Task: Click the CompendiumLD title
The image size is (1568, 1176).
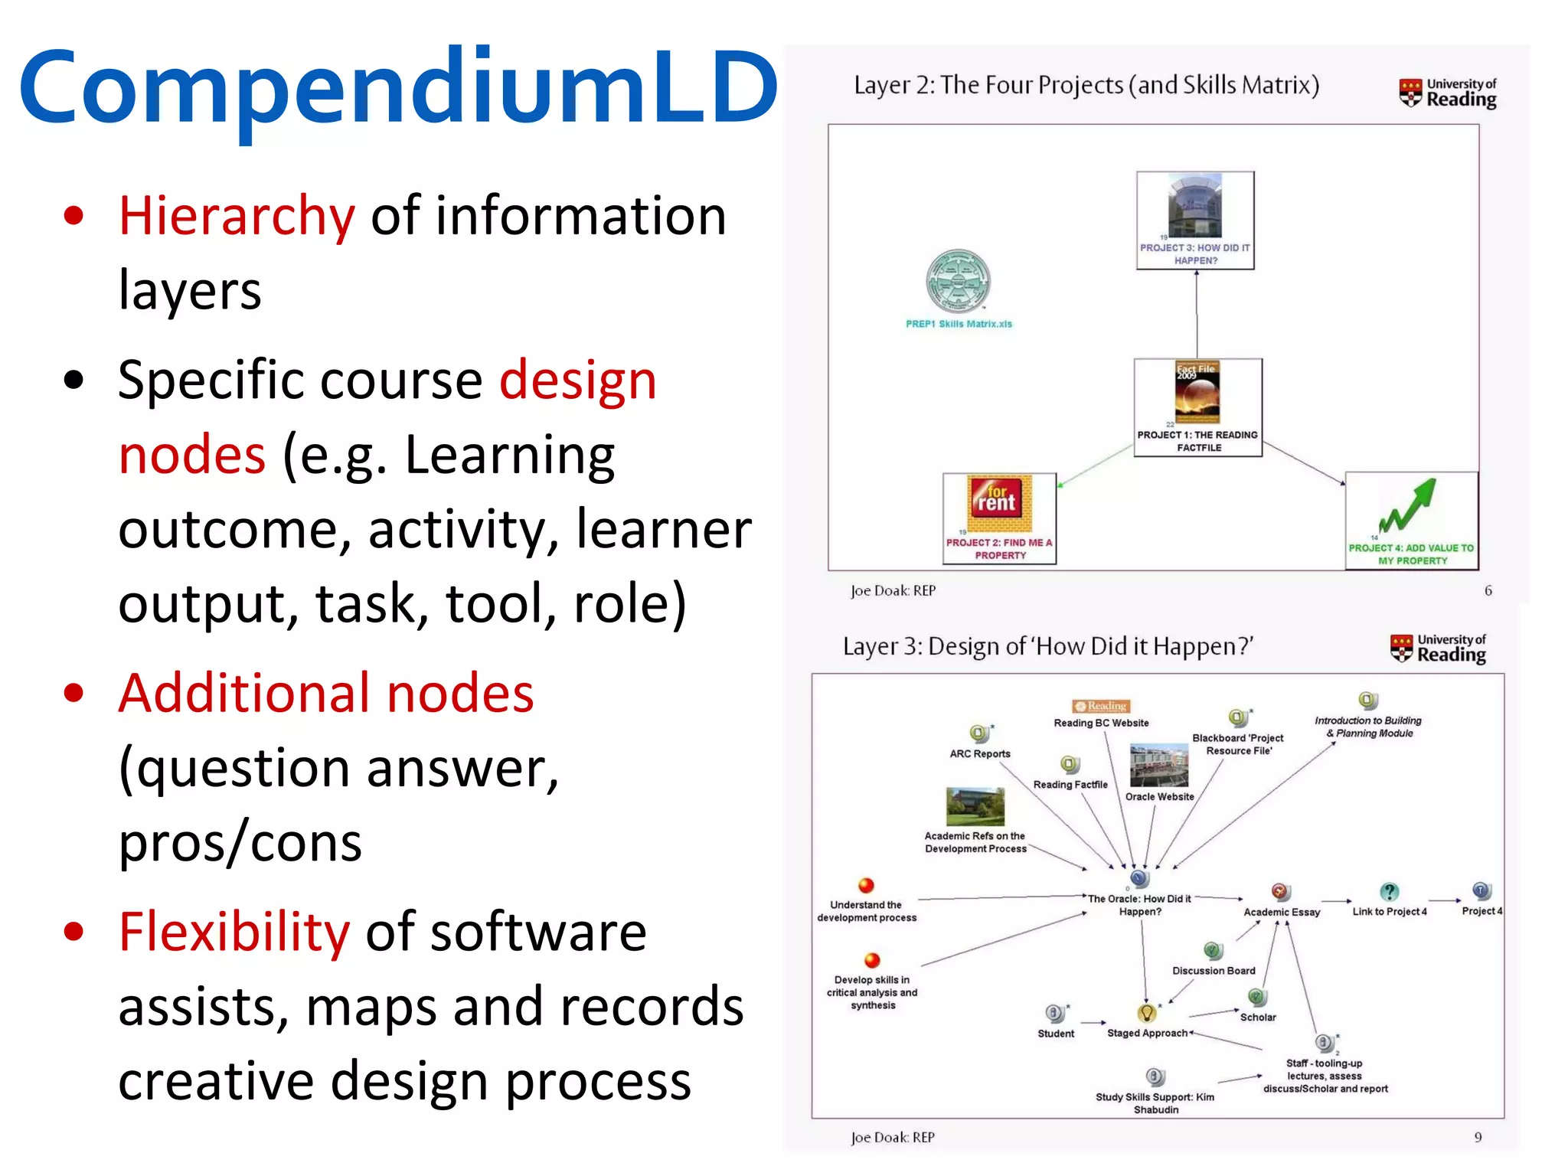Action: click(398, 88)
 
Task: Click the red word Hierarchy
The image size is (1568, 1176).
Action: click(237, 216)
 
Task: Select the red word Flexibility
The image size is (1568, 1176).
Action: click(234, 932)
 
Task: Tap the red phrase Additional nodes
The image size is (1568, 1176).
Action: click(325, 693)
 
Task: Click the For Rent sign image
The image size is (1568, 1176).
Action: click(1000, 503)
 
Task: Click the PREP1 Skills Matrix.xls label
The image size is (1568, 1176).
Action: click(959, 324)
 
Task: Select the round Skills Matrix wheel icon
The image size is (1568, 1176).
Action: click(958, 281)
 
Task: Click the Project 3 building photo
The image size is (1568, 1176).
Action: click(1194, 205)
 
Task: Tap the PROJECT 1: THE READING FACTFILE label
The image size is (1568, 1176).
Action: click(1197, 441)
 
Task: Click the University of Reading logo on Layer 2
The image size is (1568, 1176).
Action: click(1446, 92)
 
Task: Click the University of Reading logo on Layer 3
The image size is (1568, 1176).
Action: click(1437, 648)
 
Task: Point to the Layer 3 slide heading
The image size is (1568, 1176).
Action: click(1047, 646)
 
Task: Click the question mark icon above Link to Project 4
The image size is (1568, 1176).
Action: click(1389, 891)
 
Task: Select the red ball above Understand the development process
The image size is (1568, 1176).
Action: click(866, 886)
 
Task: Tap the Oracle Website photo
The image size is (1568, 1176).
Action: click(1159, 765)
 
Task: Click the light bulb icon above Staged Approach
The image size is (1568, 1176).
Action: click(1146, 1013)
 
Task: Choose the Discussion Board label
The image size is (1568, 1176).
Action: click(1214, 971)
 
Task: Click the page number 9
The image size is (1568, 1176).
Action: click(1478, 1137)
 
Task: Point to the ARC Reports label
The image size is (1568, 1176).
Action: click(980, 753)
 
